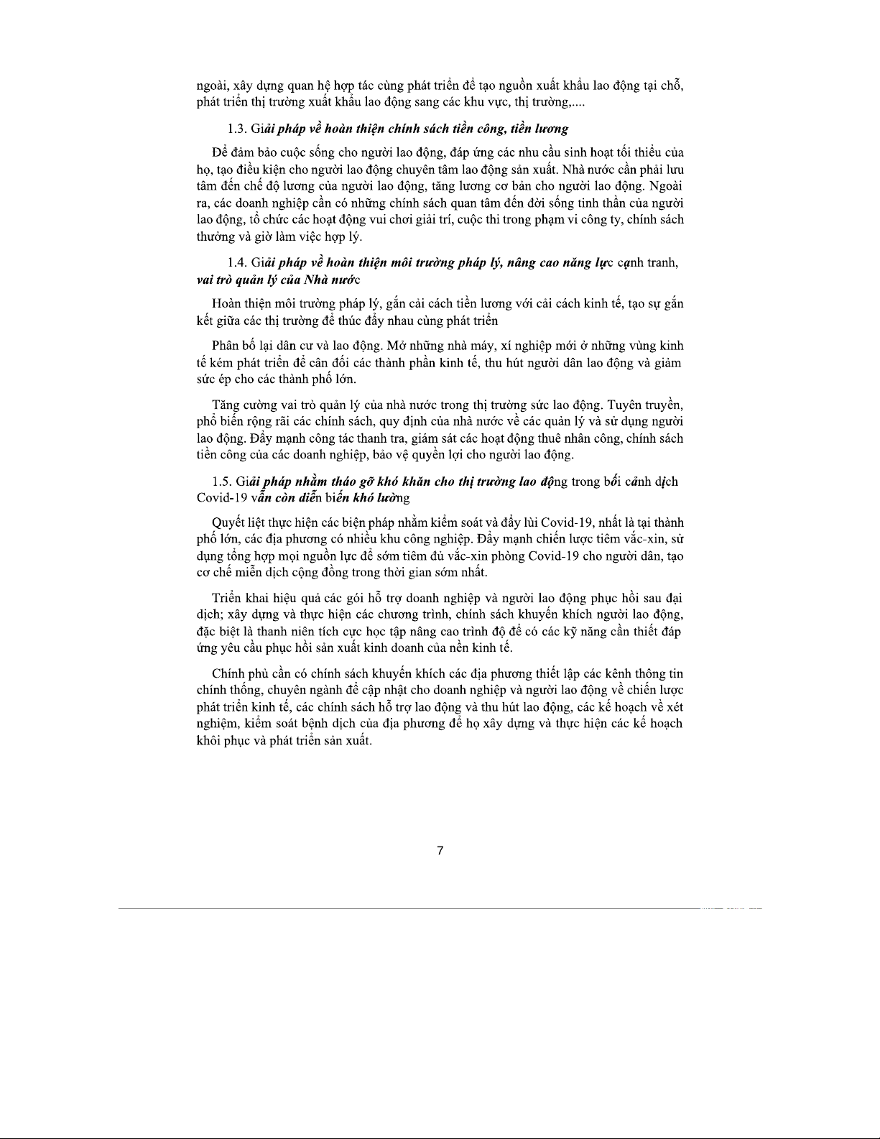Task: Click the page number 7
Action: pyautogui.click(x=440, y=851)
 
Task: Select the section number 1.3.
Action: pyautogui.click(x=237, y=129)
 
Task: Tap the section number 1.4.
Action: pyautogui.click(x=237, y=263)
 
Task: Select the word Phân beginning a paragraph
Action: pyautogui.click(x=227, y=346)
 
